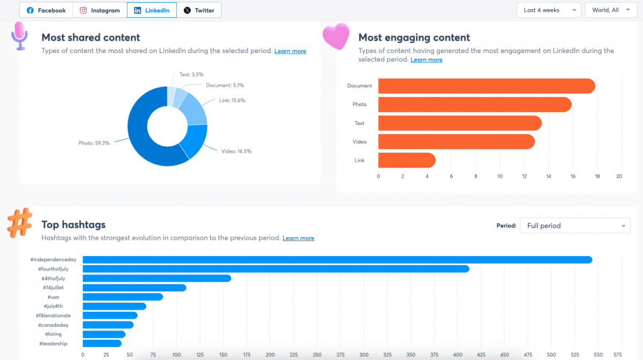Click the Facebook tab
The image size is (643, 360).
(46, 10)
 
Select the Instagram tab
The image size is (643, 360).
(100, 10)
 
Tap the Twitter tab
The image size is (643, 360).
(199, 10)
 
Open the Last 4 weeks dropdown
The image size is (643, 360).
(549, 10)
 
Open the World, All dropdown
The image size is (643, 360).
(610, 10)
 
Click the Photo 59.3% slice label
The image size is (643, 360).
(94, 143)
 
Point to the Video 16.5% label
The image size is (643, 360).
(236, 151)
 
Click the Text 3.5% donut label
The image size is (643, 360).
(191, 74)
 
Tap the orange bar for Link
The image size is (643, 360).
(407, 160)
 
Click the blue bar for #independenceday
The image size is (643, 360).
(337, 260)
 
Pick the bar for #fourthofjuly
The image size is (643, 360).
(276, 269)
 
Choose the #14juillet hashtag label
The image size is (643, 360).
(54, 288)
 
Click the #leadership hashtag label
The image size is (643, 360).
(53, 343)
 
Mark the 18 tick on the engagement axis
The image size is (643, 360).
(597, 176)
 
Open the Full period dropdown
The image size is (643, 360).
(575, 226)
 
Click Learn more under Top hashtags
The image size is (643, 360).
(298, 238)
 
